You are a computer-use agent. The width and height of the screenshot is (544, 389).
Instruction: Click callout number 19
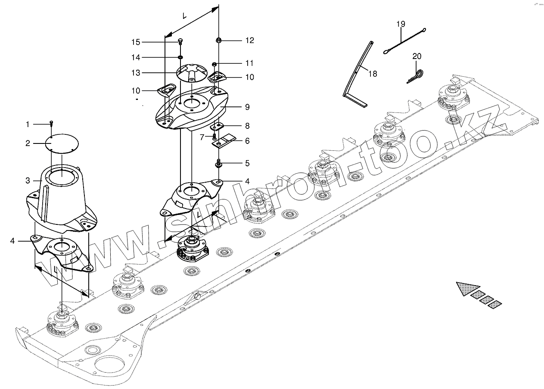click(x=401, y=24)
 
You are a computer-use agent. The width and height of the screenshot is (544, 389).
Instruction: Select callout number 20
click(x=417, y=56)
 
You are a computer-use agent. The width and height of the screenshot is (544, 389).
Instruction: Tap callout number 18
click(x=373, y=74)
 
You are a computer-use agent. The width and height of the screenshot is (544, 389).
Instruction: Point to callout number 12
click(x=250, y=40)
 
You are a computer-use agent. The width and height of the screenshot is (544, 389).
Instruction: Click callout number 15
click(x=136, y=42)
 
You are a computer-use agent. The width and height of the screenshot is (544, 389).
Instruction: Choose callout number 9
click(x=247, y=107)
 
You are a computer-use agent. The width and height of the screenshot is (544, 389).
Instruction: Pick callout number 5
click(x=247, y=163)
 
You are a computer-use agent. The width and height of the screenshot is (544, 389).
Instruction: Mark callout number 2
click(x=28, y=143)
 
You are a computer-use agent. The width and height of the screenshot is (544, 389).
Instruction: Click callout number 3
click(x=28, y=180)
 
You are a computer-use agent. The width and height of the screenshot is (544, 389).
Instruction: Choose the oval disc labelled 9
click(x=190, y=108)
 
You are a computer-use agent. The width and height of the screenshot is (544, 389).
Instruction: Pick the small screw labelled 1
click(x=52, y=124)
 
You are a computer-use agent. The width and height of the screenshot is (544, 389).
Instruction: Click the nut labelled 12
click(x=219, y=40)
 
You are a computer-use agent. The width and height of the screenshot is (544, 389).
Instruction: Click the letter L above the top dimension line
click(x=185, y=16)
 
